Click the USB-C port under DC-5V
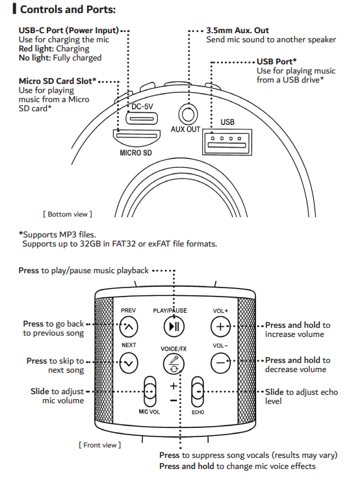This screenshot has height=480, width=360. coord(142,118)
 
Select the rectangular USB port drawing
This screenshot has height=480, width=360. coord(227,142)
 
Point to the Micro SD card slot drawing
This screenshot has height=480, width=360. coord(136,137)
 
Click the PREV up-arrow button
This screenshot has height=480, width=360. coord(129,327)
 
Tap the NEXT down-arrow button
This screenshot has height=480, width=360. coord(129,363)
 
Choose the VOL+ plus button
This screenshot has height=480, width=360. coord(220,327)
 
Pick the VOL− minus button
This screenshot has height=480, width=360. coord(220,363)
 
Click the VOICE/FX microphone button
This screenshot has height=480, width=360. coord(174,364)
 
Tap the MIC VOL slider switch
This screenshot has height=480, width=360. coord(149,392)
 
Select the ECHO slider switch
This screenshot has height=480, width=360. coord(198,392)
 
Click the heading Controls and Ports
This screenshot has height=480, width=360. coord(68,10)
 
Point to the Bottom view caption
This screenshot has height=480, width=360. coord(68,214)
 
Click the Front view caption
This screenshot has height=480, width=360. coord(99,445)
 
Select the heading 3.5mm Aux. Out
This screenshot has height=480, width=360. coord(237,31)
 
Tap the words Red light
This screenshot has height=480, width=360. coord(36,49)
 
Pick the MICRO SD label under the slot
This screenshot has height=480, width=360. coord(136,153)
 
